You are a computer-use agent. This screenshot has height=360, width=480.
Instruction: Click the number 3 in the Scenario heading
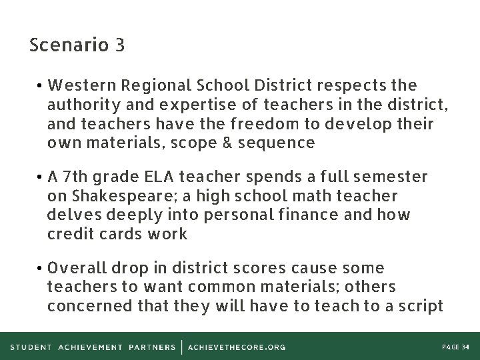pos(119,45)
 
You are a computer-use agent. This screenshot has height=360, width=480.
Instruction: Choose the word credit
pos(70,234)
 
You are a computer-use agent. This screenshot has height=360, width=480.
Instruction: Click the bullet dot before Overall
pos(41,269)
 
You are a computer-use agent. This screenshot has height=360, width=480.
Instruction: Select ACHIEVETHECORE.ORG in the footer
pos(237,347)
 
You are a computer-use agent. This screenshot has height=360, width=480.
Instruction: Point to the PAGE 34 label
pos(455,347)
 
